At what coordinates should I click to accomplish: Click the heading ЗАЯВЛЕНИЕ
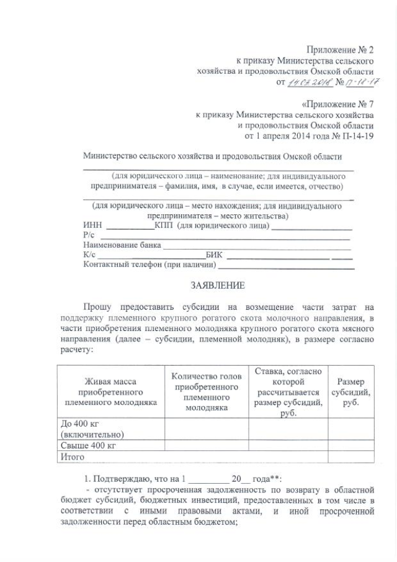tap(216, 285)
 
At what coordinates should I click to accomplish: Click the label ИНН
tap(91, 225)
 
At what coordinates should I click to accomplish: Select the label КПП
tap(164, 225)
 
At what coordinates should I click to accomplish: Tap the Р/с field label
tap(88, 235)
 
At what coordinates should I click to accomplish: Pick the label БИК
tap(215, 255)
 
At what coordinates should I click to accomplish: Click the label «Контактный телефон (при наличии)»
tap(149, 266)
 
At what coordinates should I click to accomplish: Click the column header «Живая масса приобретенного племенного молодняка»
tap(110, 392)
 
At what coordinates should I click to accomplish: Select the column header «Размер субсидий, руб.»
tap(350, 392)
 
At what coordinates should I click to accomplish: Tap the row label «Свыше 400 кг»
tap(89, 445)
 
